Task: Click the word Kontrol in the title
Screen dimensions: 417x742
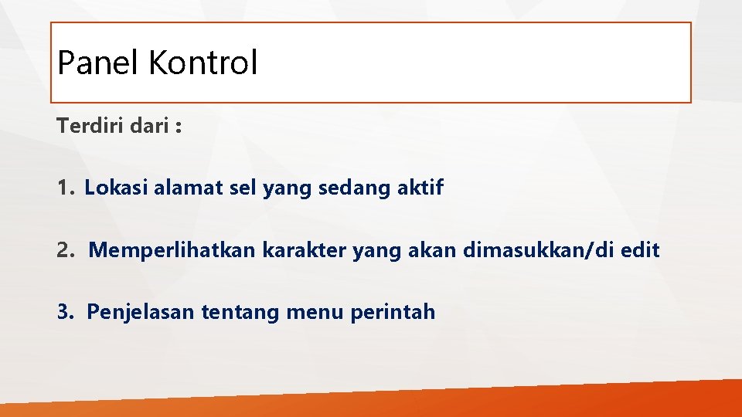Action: (203, 63)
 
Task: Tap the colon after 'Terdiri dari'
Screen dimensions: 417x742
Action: (179, 127)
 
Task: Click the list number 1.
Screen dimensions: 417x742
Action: (64, 188)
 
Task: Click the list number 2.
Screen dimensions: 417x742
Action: (65, 250)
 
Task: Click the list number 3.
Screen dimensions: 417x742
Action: (65, 312)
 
